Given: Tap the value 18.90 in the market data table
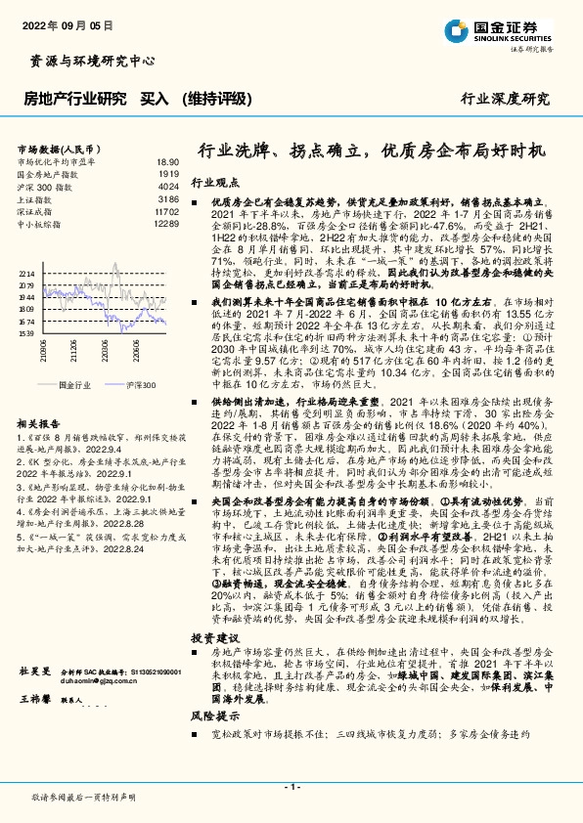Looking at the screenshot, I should tap(167, 161).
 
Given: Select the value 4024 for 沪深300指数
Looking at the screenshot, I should tap(168, 185).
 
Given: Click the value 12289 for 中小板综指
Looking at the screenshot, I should tap(166, 223).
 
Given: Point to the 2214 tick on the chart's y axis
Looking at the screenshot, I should tap(26, 274).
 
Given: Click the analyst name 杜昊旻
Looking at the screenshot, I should tap(33, 672).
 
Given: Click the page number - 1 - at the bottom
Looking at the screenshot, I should tap(291, 787).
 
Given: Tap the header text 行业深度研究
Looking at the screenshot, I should tap(505, 99).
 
